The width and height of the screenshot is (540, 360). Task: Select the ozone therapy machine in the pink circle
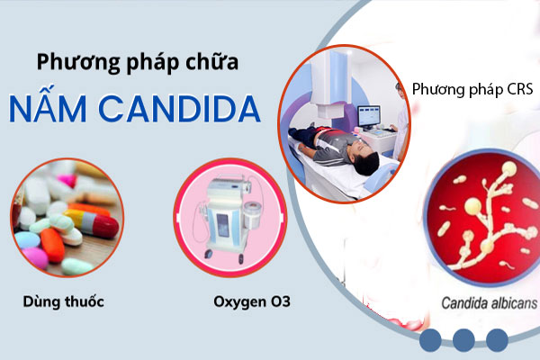(x=222, y=216)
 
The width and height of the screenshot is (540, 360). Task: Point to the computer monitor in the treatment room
(x=370, y=115)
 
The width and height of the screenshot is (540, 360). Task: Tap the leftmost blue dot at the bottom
(x=430, y=340)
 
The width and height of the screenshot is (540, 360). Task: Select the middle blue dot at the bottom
(x=463, y=340)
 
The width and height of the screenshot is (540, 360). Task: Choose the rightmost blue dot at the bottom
(x=496, y=340)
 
